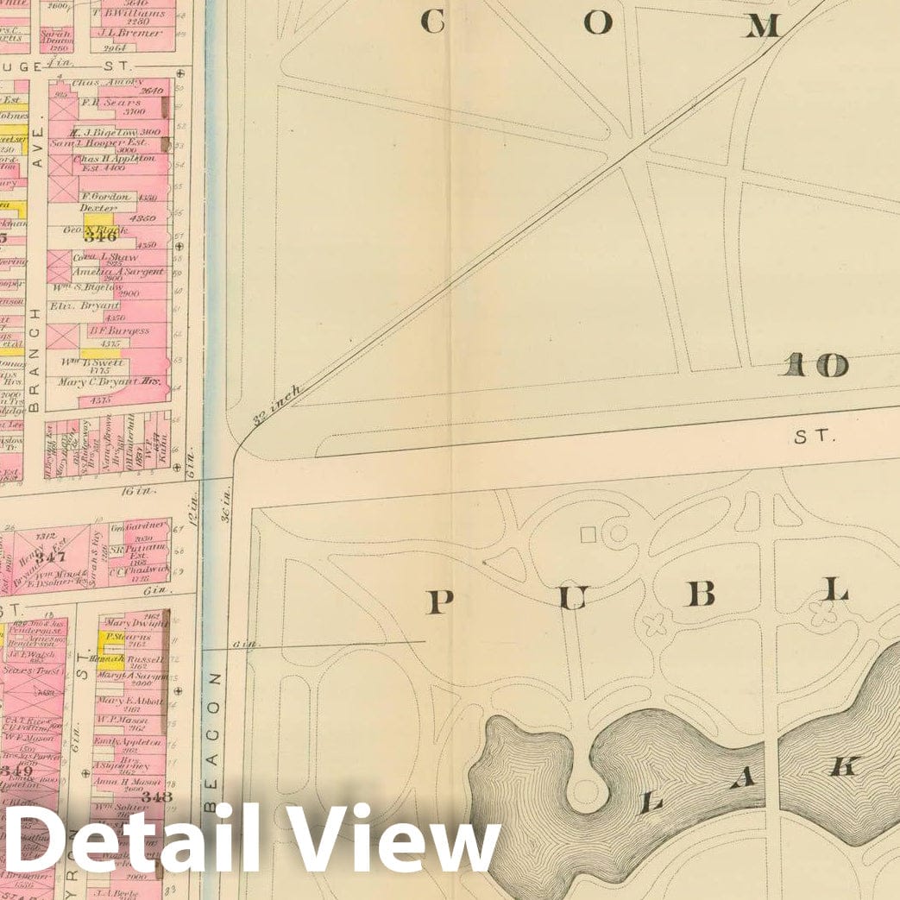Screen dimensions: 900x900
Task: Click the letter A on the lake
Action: pos(746,777)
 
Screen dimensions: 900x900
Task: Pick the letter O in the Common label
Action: pos(596,24)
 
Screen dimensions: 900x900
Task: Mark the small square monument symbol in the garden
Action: pos(588,535)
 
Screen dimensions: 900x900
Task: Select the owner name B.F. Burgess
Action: pos(118,330)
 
